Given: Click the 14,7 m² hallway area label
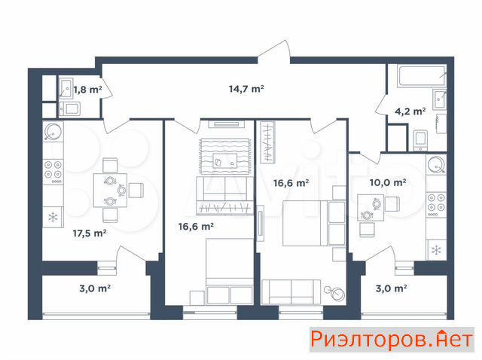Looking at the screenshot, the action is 246,89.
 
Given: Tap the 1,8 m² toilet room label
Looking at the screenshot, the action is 87,90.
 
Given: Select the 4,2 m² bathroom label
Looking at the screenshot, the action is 410,111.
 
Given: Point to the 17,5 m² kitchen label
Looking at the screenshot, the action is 90,233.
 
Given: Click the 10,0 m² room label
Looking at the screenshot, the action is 387,182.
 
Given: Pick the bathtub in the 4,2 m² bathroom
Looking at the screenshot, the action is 422,76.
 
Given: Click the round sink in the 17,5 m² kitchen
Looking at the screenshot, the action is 53,131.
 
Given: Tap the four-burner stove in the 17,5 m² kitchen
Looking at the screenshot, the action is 53,172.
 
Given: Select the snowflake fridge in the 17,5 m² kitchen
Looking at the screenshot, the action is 53,218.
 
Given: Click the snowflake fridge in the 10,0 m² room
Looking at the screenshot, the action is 436,250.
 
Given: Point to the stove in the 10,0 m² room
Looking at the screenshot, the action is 436,205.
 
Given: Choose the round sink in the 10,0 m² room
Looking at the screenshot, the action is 436,164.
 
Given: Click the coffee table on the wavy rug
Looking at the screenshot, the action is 225,160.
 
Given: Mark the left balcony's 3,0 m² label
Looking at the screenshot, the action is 95,288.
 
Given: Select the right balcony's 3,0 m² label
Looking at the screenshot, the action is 392,288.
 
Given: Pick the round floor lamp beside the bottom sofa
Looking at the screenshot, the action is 335,293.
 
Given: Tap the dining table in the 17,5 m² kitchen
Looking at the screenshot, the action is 110,191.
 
